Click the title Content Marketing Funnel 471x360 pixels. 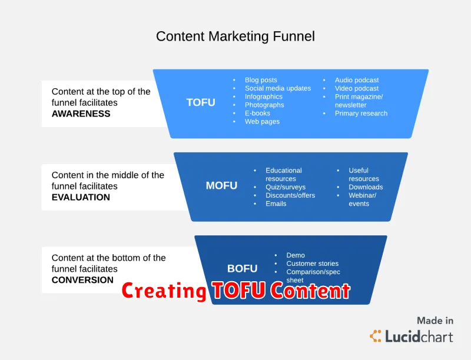[235, 36]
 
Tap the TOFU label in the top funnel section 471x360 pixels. [201, 102]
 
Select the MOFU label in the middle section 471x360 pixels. [221, 186]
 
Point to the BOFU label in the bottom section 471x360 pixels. [242, 268]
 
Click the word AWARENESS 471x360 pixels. [81, 114]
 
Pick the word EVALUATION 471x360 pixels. [81, 198]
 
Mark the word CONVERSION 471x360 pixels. [82, 280]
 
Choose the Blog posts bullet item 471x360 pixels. [261, 80]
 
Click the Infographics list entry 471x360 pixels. [263, 96]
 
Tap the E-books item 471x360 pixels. [257, 113]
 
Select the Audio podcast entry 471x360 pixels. [357, 80]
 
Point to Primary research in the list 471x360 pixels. [361, 114]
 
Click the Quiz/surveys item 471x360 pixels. [286, 187]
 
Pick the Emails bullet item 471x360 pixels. [276, 204]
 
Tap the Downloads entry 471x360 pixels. [366, 187]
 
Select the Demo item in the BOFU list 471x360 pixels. [296, 255]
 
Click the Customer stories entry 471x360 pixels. [313, 264]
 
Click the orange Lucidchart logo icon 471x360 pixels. [376, 336]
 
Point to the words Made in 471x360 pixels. [435, 321]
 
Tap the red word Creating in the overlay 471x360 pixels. [164, 291]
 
